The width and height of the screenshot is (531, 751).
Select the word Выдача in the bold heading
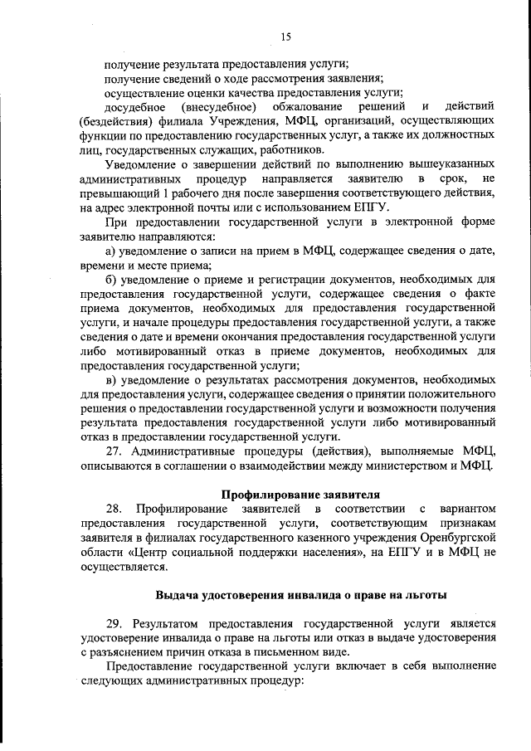click(178, 594)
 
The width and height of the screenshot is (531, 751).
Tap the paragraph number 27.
click(116, 451)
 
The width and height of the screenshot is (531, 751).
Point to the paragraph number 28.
click(116, 508)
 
